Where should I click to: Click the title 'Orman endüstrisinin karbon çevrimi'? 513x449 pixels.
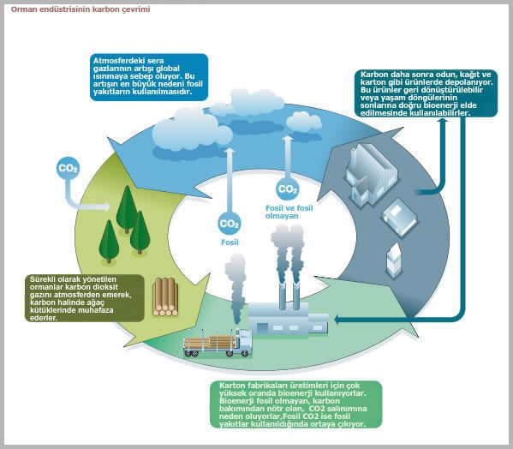81,9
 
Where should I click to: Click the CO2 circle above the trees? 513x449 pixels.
68,168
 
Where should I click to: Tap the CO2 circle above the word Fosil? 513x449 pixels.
230,224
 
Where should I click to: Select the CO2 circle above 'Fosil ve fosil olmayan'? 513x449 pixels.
287,189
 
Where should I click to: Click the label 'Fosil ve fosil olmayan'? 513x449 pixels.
289,212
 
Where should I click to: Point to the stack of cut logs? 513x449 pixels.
165,297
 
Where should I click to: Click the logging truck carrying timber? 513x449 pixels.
218,343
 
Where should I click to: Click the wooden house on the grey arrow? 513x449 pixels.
372,175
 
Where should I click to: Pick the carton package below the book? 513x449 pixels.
394,260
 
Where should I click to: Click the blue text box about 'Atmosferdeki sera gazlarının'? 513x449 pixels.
149,77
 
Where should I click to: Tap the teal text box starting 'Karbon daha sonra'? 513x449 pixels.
426,93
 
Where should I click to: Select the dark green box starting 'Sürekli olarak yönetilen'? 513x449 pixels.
85,298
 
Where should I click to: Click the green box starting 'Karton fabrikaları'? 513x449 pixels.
295,404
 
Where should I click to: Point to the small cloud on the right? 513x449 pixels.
304,122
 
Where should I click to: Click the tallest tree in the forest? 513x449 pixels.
127,209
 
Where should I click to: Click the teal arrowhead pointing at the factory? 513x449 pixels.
338,320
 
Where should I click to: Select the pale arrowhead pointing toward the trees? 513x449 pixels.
106,207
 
